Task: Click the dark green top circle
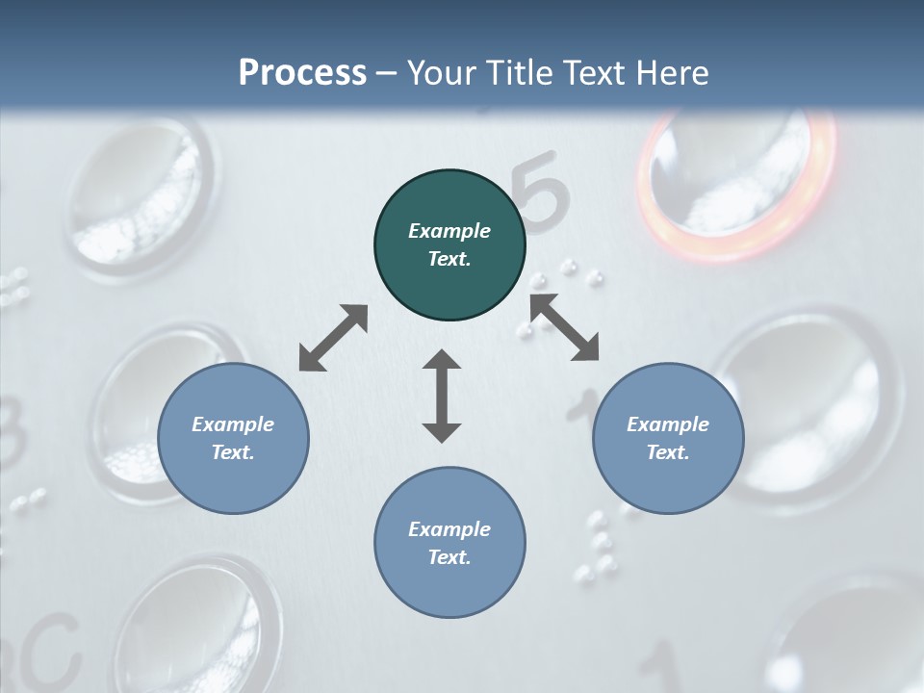tap(449, 245)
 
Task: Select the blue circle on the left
tap(233, 439)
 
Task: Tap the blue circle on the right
tap(668, 439)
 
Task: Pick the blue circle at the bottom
tap(449, 543)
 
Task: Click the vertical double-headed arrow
tap(442, 396)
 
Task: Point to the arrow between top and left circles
tap(333, 338)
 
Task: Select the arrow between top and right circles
tap(564, 327)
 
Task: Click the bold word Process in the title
tap(302, 72)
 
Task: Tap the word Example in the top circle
tap(449, 231)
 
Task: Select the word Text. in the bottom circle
tap(449, 557)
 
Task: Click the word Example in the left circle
tap(233, 424)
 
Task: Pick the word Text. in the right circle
tap(668, 452)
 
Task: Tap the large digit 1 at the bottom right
tap(664, 669)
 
